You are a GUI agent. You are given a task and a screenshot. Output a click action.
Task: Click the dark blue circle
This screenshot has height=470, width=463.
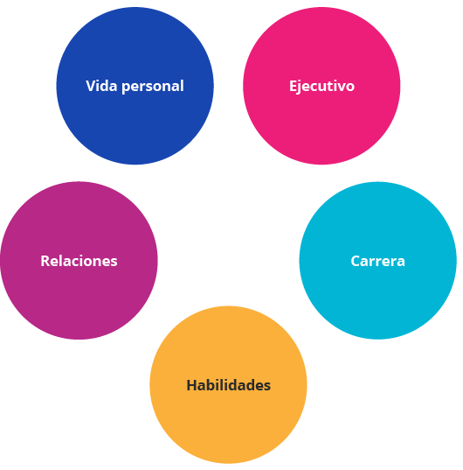135,86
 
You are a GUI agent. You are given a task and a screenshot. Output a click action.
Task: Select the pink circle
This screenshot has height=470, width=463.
321,86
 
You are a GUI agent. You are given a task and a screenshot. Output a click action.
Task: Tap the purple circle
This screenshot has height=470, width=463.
79,261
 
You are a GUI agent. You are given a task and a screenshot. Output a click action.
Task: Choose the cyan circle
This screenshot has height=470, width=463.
377,261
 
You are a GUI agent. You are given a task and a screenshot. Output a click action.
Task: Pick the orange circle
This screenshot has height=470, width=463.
228,384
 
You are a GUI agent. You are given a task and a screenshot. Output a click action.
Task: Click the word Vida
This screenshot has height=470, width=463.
101,86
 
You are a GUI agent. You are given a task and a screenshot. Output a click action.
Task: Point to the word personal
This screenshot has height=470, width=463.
153,87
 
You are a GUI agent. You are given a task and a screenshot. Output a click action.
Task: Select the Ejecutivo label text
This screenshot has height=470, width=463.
321,87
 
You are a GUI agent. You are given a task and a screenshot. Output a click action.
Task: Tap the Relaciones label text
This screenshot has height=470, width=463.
79,261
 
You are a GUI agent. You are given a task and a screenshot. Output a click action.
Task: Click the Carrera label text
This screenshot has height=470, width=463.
377,261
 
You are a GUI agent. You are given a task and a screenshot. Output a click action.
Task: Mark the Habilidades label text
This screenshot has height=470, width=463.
229,385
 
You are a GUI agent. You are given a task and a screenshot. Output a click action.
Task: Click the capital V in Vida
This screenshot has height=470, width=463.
91,86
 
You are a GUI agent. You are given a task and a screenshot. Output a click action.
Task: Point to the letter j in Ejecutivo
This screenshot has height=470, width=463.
300,88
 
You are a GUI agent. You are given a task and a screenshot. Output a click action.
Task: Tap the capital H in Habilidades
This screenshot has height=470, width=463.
192,385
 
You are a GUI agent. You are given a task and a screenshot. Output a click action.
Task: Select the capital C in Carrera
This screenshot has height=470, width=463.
356,261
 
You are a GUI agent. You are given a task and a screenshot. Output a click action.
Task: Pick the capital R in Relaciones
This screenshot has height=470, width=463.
46,261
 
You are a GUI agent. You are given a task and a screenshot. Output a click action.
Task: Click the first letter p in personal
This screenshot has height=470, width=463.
126,88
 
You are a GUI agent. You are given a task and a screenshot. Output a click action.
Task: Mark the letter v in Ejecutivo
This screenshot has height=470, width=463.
340,88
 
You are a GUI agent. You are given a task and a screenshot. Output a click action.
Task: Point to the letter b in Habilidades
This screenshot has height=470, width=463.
217,385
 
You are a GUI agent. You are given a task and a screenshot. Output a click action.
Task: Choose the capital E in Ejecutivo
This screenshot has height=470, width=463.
293,86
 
